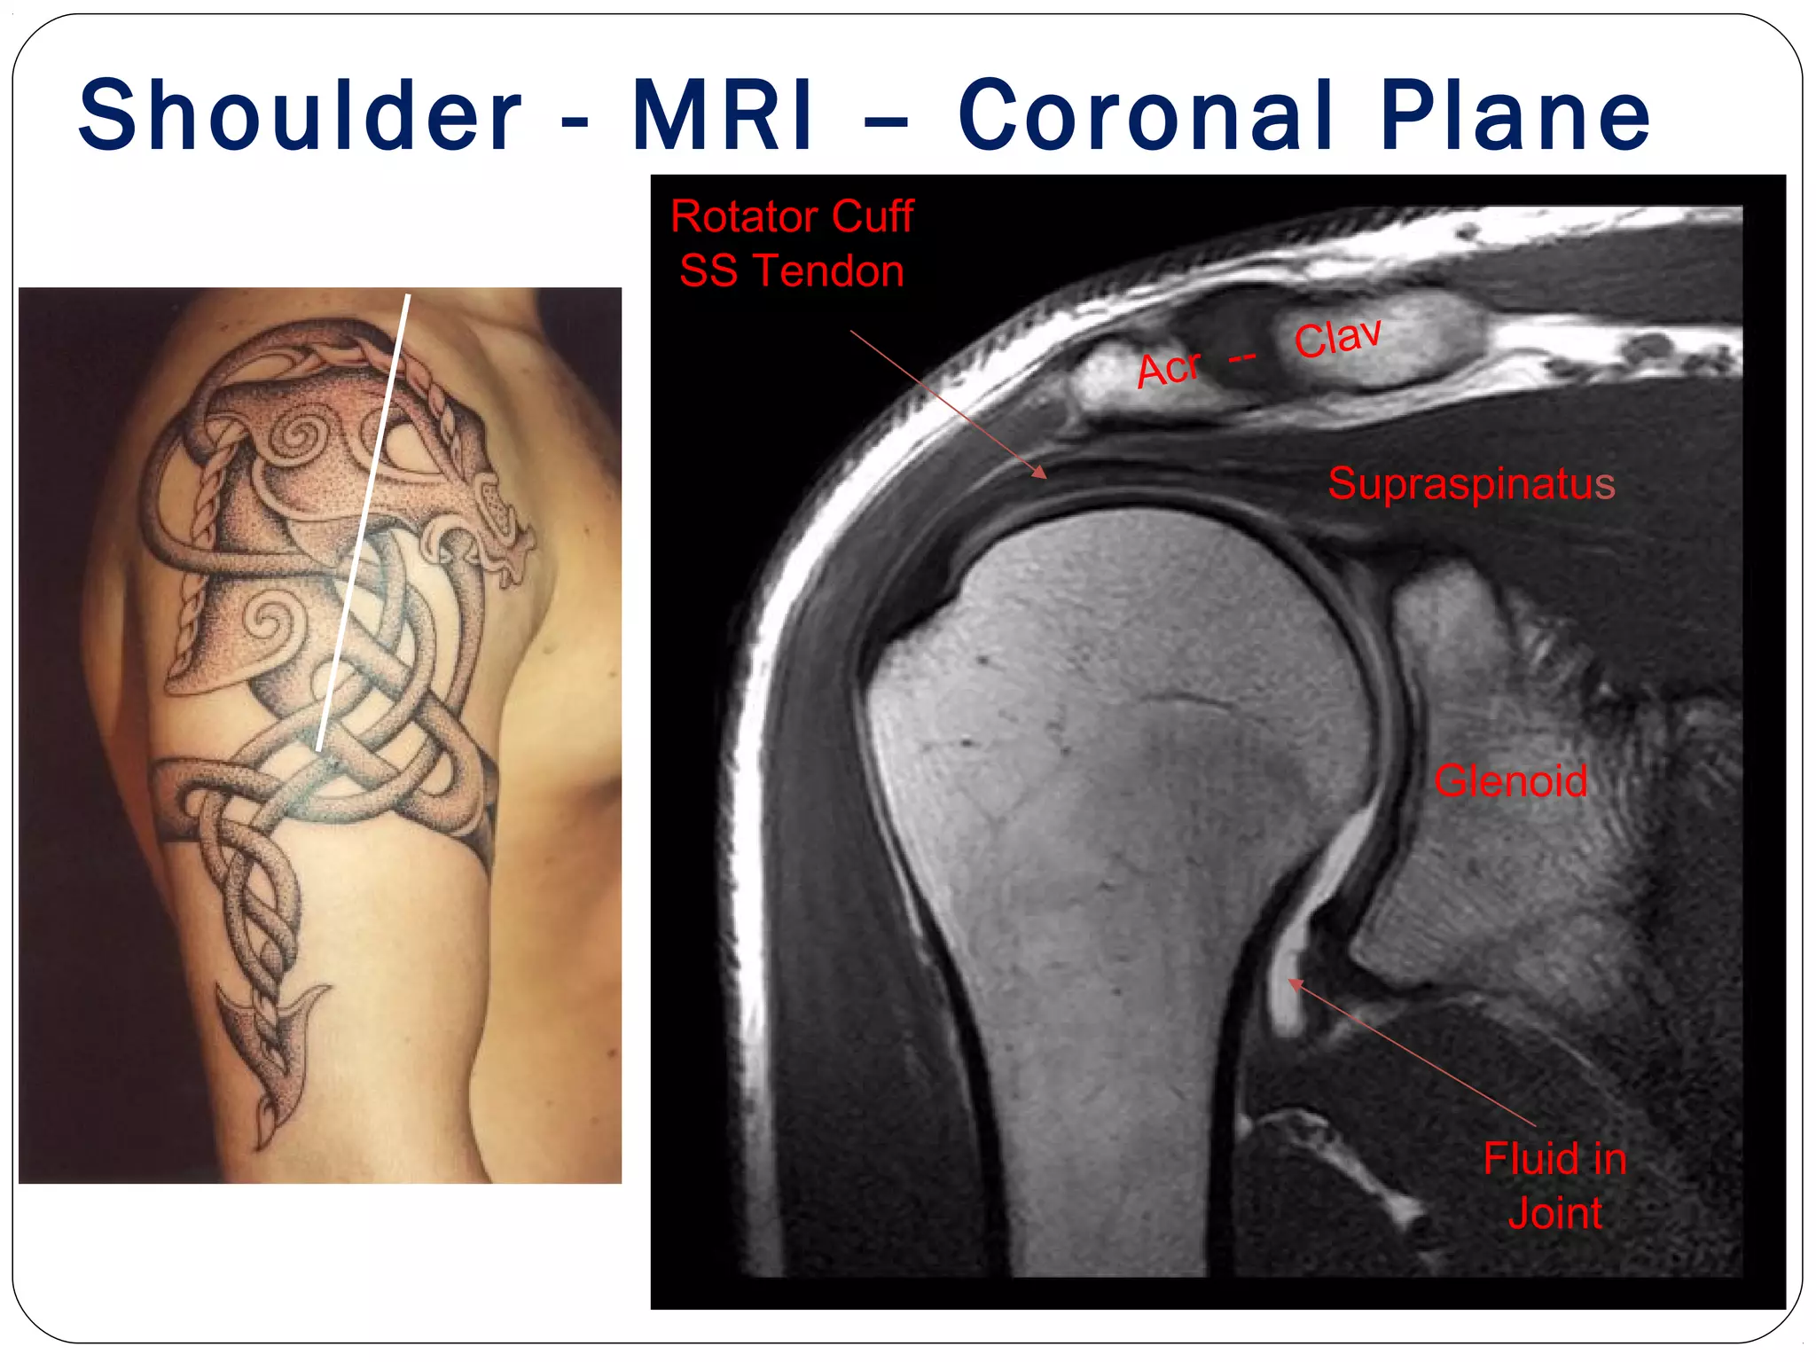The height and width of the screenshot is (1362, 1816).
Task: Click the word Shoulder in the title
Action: point(300,115)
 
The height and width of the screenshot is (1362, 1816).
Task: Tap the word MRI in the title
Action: point(722,115)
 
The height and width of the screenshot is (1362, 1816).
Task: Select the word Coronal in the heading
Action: point(1145,115)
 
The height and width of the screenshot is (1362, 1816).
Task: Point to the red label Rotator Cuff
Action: point(792,216)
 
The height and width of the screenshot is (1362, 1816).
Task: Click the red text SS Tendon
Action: point(792,270)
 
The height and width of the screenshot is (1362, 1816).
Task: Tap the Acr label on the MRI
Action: point(1169,368)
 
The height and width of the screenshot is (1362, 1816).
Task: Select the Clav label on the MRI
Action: point(1337,338)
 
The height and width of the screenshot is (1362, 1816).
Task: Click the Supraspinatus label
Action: point(1471,484)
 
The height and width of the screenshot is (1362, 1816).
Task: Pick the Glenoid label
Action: point(1511,781)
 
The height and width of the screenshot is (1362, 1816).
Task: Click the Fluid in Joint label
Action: point(1555,1186)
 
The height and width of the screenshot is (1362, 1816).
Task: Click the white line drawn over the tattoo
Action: point(363,523)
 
